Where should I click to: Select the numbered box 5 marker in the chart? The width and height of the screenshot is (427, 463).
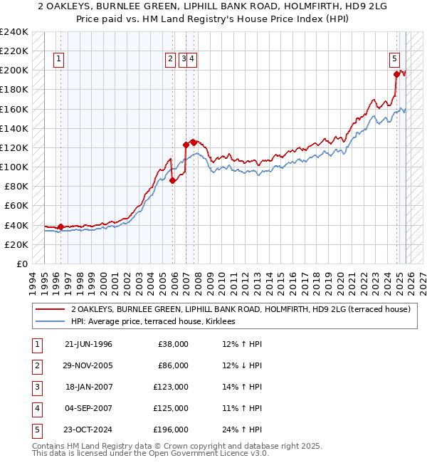coord(394,60)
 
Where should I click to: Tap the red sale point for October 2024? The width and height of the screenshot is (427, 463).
coord(396,73)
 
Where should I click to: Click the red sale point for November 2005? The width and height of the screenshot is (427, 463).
coord(172,180)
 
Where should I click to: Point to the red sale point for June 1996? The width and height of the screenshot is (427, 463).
coord(60,227)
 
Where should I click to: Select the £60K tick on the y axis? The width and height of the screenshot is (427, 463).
coord(16,206)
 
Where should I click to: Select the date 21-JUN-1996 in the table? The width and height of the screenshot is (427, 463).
coord(88,344)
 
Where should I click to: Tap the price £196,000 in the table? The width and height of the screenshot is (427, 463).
coord(171,430)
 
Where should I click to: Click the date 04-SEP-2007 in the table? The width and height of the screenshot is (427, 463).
coord(88,408)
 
